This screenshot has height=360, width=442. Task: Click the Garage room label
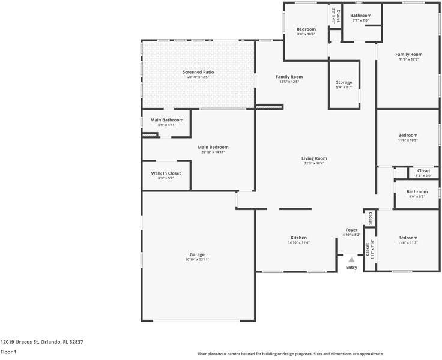(x=197, y=254)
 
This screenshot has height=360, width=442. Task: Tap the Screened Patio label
(x=198, y=72)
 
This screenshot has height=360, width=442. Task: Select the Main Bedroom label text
(x=213, y=147)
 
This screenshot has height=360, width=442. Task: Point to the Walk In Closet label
(x=165, y=173)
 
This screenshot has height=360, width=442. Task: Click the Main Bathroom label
(x=166, y=120)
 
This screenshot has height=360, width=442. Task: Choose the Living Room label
(x=314, y=158)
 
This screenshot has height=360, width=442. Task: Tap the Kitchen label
(x=298, y=238)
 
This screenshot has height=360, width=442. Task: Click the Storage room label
(x=344, y=82)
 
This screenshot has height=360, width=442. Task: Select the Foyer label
(x=351, y=230)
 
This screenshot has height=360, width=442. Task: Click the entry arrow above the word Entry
(x=351, y=260)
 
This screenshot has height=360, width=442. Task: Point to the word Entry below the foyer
(x=351, y=268)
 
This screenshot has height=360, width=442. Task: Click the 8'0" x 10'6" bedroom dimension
(x=306, y=34)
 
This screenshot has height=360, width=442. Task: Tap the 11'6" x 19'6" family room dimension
(x=408, y=59)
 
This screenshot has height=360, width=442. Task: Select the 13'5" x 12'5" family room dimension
(x=289, y=82)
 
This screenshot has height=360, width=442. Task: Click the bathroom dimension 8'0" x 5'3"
(x=417, y=196)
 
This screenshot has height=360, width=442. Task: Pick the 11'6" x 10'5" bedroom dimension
(x=408, y=140)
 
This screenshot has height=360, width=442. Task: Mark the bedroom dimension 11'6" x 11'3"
(x=408, y=242)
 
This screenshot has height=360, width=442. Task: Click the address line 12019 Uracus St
(x=41, y=341)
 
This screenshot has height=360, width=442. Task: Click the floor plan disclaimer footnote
(x=291, y=354)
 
